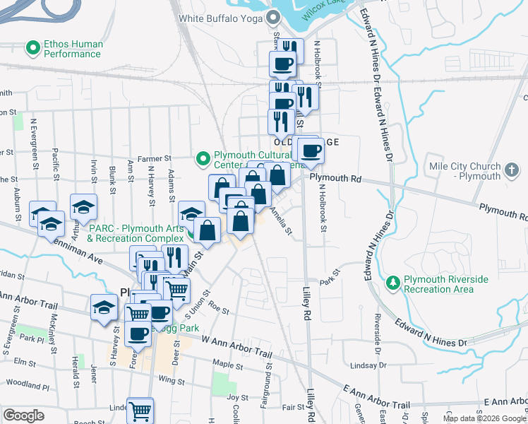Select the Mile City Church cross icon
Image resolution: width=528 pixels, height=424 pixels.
tap(513, 170)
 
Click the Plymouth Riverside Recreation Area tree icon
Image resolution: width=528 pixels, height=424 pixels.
tap(394, 283)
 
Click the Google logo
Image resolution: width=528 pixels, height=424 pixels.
tap(24, 415)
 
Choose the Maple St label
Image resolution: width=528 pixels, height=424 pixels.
tap(228, 365)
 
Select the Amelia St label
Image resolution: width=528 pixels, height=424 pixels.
tap(281, 221)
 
